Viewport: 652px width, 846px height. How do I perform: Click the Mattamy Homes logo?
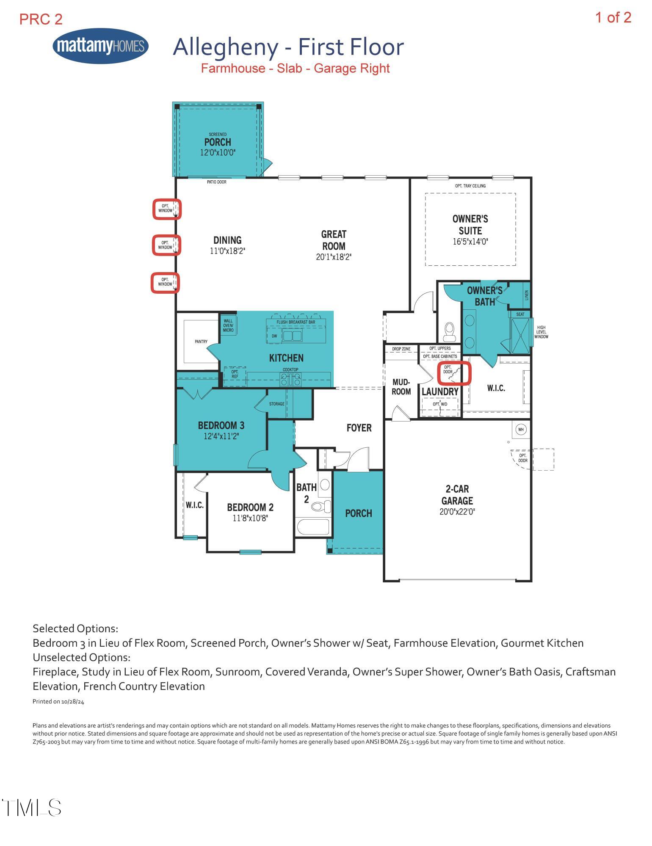click(x=101, y=46)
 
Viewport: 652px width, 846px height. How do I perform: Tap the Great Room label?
click(x=334, y=240)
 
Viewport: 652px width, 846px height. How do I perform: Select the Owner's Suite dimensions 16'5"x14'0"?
click(x=470, y=242)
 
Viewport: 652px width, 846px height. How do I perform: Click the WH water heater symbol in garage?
click(x=521, y=430)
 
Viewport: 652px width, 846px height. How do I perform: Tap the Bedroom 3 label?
click(x=221, y=425)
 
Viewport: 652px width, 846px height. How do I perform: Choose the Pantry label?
click(x=201, y=342)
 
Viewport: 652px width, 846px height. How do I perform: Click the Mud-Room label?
click(x=401, y=387)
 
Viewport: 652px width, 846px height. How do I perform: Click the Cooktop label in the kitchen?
click(x=290, y=369)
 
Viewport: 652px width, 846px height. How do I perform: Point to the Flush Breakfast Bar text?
click(x=296, y=322)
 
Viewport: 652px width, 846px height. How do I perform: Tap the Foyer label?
click(x=359, y=428)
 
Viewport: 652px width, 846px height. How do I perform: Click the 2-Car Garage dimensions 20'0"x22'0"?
click(x=457, y=512)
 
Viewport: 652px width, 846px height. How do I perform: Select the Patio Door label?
click(x=216, y=182)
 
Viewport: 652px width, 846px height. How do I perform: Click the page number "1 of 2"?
click(x=613, y=17)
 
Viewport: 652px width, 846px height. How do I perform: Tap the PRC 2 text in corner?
click(x=41, y=19)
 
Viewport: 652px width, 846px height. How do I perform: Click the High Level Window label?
click(x=541, y=332)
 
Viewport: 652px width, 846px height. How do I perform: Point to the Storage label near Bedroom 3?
click(x=277, y=404)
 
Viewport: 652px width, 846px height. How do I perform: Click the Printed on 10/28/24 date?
click(x=58, y=702)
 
